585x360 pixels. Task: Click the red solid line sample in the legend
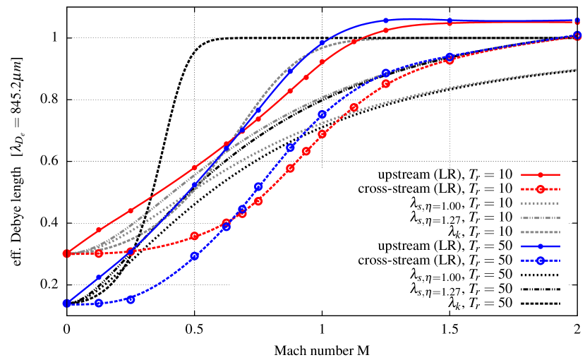click(541, 174)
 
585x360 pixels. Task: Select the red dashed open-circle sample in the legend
click(541, 189)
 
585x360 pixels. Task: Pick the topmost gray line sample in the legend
click(541, 203)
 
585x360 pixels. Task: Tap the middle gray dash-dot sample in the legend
click(541, 218)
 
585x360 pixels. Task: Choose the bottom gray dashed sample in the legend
click(541, 232)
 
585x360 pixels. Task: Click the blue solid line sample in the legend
click(541, 246)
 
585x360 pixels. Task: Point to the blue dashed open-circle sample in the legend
click(541, 261)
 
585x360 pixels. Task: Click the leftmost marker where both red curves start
click(66, 253)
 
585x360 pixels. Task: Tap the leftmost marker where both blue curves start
click(66, 304)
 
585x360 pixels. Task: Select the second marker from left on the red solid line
click(99, 229)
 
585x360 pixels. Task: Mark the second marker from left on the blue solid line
click(99, 277)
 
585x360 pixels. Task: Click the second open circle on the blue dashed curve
click(99, 303)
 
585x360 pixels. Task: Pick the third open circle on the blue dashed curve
click(131, 299)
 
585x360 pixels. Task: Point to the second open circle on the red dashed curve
click(99, 253)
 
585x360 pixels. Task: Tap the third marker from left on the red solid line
click(131, 210)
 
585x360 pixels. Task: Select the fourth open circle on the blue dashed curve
click(194, 256)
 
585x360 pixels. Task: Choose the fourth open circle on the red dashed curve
click(194, 236)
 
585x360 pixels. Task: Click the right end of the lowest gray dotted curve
click(577, 69)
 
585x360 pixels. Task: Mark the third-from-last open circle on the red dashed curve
click(386, 83)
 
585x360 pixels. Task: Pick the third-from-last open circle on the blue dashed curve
click(386, 73)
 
